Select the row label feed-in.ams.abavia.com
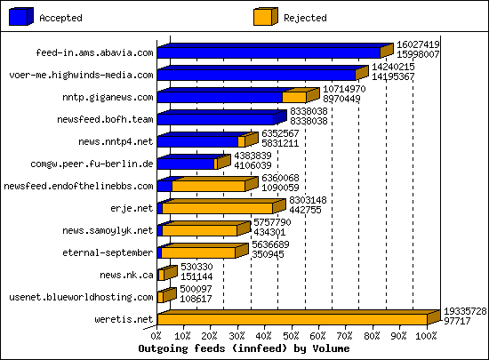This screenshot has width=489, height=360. [94, 52]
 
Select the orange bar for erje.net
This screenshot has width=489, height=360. [217, 208]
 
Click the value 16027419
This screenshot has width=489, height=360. [418, 44]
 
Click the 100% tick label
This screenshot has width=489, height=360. [426, 335]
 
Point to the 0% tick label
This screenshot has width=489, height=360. [157, 335]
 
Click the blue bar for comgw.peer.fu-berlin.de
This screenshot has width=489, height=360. [186, 164]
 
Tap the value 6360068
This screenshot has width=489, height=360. [280, 177]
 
